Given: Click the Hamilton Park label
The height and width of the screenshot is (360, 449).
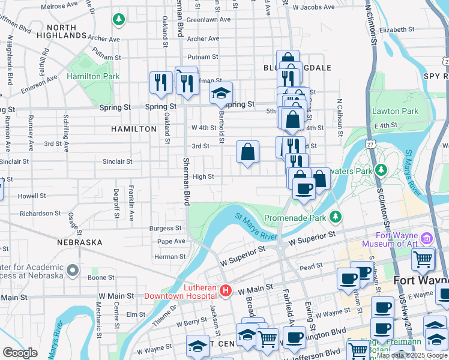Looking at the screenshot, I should pyautogui.click(x=93, y=76).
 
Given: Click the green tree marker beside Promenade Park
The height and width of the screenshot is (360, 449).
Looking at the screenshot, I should pyautogui.click(x=337, y=215).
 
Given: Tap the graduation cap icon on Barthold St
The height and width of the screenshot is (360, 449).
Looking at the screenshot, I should pyautogui.click(x=220, y=93).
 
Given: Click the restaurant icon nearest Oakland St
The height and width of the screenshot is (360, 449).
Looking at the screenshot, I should pyautogui.click(x=160, y=83).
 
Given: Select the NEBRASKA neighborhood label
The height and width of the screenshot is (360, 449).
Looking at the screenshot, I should pyautogui.click(x=80, y=242).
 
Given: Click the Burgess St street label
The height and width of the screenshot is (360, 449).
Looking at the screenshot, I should pyautogui.click(x=165, y=228).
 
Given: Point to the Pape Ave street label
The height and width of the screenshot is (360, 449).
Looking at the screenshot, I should pyautogui.click(x=171, y=241).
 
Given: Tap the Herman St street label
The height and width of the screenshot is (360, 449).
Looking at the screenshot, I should pyautogui.click(x=170, y=256).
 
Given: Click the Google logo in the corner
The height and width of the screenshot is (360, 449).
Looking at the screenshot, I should pyautogui.click(x=20, y=352).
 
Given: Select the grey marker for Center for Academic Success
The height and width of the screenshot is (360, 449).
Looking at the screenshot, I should pyautogui.click(x=72, y=271).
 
